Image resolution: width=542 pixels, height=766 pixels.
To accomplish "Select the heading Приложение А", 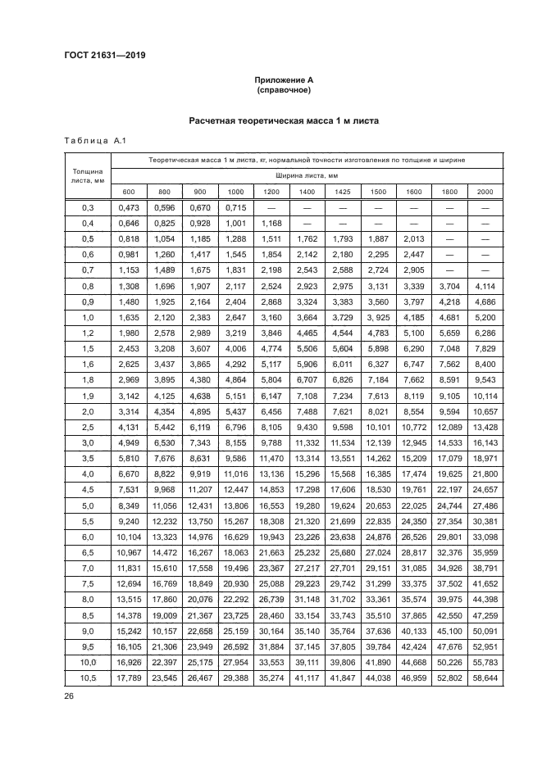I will (284, 79).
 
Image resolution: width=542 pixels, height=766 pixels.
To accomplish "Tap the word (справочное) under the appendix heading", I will (284, 89).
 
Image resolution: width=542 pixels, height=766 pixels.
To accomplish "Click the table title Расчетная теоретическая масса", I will (284, 121).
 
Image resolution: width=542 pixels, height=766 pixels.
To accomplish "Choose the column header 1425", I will (342, 191).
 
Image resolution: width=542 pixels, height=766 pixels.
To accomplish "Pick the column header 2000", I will (485, 191).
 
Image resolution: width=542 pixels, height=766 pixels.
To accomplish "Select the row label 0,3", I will (88, 208).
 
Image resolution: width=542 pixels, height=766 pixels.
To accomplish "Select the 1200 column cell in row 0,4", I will (271, 223).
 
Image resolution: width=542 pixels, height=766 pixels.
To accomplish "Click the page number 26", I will (67, 698).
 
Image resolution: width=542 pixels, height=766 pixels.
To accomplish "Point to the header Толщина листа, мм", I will (88, 175).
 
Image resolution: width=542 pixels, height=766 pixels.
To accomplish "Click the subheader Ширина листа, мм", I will (307, 175).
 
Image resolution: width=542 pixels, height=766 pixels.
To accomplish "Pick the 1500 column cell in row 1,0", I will (377, 316).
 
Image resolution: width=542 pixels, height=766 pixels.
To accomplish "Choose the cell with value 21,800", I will (485, 474).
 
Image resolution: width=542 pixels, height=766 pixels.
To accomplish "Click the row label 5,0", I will (88, 505).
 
